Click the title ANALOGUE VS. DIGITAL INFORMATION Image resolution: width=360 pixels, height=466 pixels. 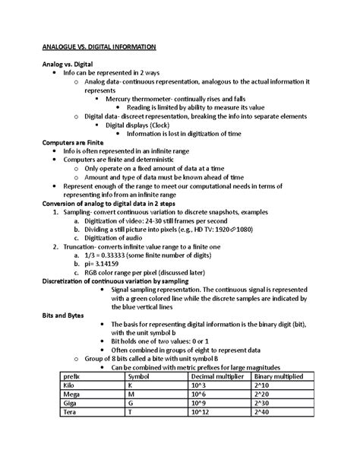[x=99, y=47]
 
